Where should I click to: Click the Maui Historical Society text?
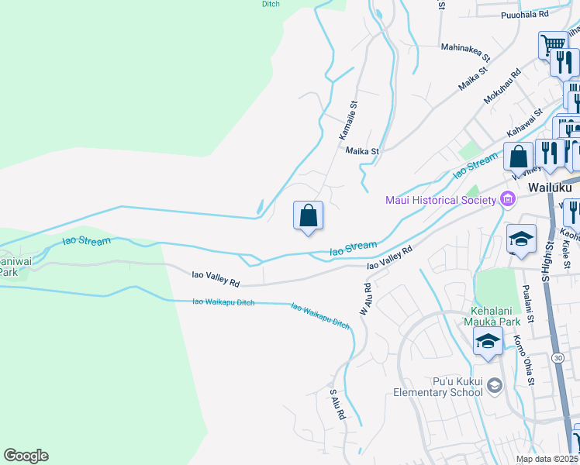440,201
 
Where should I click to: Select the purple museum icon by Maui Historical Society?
508,200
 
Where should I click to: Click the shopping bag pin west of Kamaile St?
308,215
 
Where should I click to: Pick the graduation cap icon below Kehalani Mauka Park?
487,342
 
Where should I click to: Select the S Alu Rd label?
337,404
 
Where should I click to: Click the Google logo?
26,456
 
